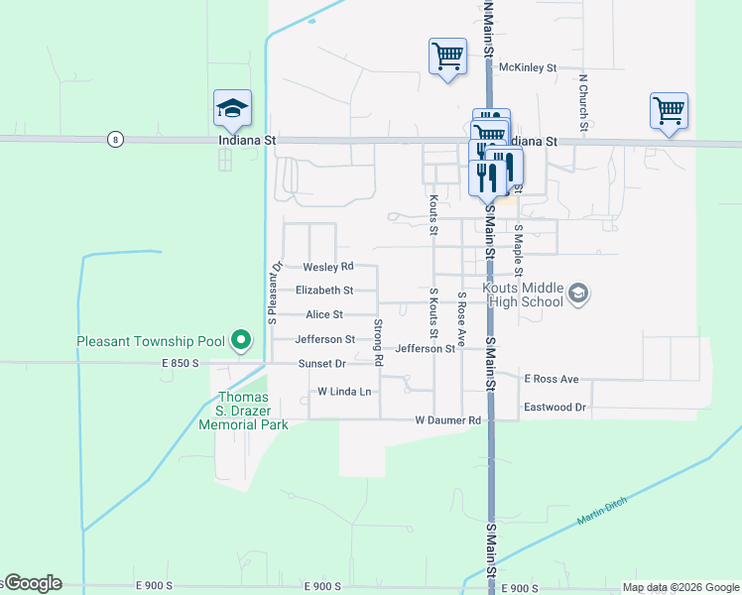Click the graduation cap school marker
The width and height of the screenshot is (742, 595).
[232, 108]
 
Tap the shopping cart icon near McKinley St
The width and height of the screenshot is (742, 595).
[447, 56]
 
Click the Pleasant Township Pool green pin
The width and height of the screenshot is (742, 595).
[240, 341]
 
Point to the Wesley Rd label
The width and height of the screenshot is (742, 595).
[328, 267]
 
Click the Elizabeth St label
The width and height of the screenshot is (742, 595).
[324, 291]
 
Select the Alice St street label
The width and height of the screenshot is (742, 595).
[324, 314]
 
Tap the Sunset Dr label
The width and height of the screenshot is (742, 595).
[322, 364]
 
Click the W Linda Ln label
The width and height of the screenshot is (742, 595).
[344, 392]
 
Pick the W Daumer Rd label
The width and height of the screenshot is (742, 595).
[448, 420]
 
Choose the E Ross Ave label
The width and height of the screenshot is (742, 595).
[551, 379]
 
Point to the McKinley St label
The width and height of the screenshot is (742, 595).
[528, 67]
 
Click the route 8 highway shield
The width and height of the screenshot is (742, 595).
[116, 140]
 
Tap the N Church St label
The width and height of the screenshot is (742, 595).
[584, 102]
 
